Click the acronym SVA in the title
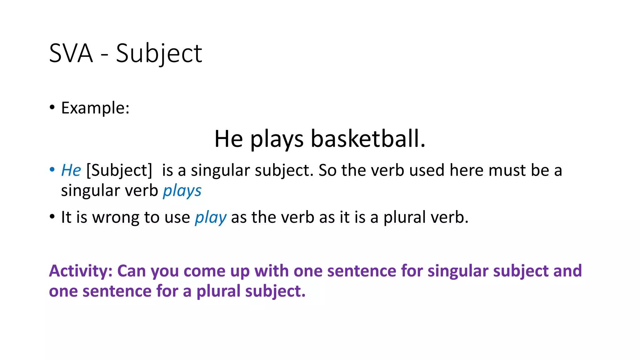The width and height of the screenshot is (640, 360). click(71, 53)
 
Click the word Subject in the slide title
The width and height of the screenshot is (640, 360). click(159, 53)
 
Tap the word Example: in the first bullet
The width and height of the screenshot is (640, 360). click(95, 108)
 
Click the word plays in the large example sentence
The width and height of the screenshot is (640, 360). click(277, 139)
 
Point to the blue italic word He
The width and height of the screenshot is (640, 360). click(71, 170)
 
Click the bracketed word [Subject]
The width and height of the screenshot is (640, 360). click(119, 171)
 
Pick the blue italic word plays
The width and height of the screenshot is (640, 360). click(182, 191)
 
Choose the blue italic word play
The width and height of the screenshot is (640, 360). click(211, 217)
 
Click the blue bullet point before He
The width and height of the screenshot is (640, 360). click(52, 170)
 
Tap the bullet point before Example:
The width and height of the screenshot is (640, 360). click(52, 107)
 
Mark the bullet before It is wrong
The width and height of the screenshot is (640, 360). click(52, 217)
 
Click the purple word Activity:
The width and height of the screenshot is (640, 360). click(81, 271)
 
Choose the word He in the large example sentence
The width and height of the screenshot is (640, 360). click(228, 139)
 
